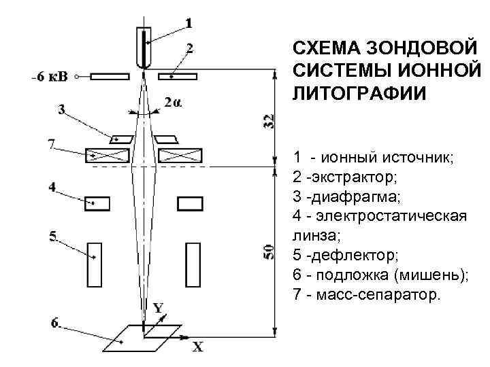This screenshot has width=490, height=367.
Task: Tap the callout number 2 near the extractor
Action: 189,48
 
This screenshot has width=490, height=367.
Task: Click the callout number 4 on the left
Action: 52,186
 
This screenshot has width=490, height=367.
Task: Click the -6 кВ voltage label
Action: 49,76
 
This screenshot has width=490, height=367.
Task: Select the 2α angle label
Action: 173,103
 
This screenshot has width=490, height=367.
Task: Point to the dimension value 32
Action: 269,121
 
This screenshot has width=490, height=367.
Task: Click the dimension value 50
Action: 269,252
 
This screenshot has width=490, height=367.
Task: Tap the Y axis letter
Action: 157,308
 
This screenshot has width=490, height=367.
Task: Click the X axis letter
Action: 197,347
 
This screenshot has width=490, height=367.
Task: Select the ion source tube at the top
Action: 144,46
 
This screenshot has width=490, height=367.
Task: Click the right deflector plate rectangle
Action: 193,264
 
